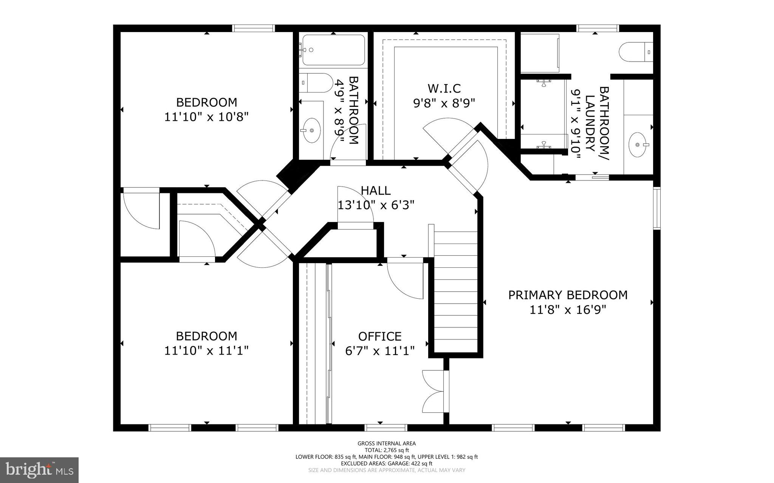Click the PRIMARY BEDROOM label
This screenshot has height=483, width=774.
coord(568,295)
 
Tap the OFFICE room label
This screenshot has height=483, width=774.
coord(380,336)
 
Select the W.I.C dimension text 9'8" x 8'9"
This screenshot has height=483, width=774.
coord(444,103)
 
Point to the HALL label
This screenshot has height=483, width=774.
coord(376,190)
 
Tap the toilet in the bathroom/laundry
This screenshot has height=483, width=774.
coord(636,52)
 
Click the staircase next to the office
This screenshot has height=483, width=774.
coord(455,291)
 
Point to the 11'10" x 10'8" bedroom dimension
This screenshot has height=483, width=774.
coord(206,117)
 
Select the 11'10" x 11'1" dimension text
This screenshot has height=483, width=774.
coord(206,350)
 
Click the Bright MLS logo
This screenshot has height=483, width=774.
coord(39,470)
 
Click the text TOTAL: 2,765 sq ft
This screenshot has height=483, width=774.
coord(387,450)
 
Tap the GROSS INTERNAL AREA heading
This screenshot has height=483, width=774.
coord(387,443)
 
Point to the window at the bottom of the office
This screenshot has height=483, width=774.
coord(386,427)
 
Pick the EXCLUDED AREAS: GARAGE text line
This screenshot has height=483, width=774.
coord(387,463)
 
